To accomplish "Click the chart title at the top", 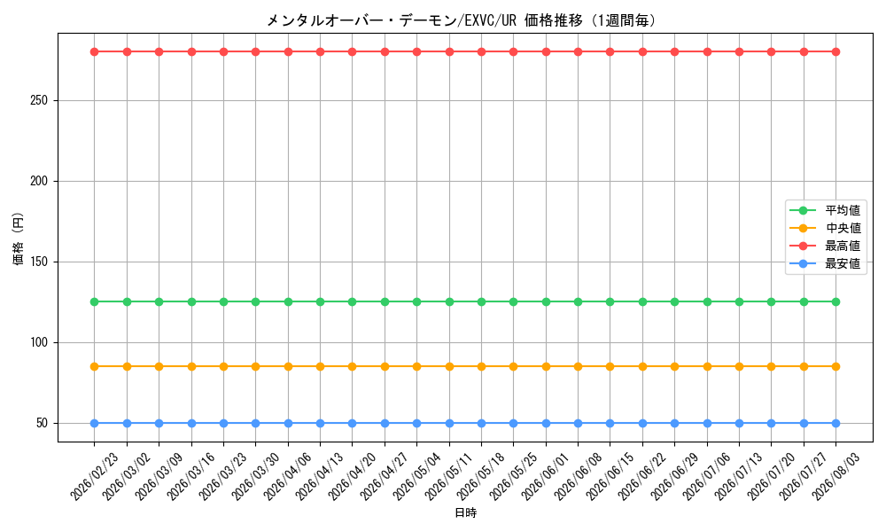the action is click(461, 21).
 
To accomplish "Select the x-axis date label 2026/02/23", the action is click(95, 476).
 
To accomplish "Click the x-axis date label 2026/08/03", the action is click(836, 476).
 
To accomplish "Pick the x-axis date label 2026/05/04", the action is click(417, 476).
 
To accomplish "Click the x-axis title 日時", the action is click(466, 512).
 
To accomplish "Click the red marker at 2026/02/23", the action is click(95, 52).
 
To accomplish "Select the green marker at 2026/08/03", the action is click(836, 301).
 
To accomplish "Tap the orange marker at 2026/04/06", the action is click(288, 366).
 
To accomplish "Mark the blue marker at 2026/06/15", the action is click(610, 424).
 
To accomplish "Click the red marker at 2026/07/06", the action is click(707, 52).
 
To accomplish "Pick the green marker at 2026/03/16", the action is click(191, 301).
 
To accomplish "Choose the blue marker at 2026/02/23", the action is click(95, 424).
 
